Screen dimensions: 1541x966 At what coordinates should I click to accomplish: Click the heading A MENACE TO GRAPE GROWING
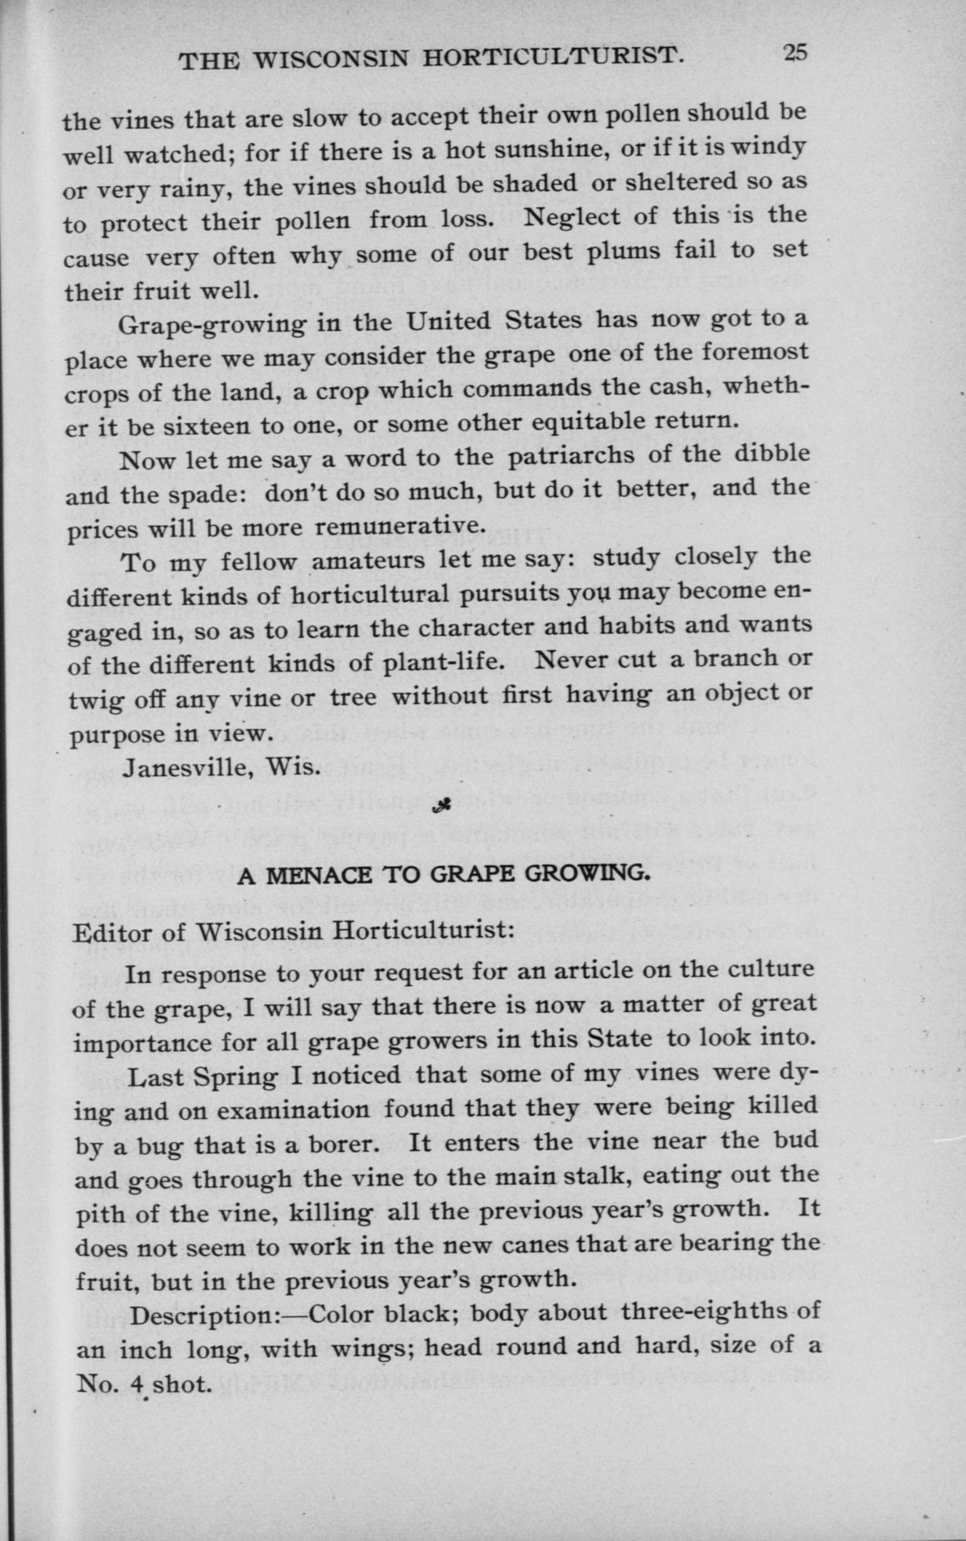coord(444,876)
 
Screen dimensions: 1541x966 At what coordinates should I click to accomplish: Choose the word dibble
coord(772,453)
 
